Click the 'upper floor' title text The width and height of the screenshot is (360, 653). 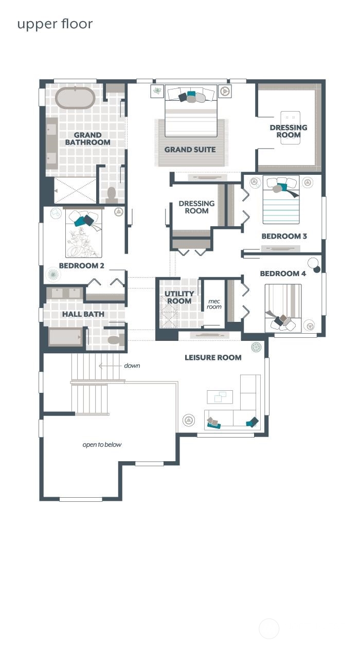click(55, 24)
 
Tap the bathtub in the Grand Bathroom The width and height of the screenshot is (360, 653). click(75, 98)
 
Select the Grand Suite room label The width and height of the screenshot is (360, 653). click(190, 150)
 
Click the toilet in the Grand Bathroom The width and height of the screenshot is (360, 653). click(112, 195)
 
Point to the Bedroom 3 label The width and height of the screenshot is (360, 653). click(284, 236)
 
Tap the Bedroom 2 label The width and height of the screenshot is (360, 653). click(82, 266)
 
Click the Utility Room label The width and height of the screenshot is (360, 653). click(179, 297)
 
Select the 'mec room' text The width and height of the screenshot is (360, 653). click(214, 304)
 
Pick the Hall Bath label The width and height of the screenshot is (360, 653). click(83, 314)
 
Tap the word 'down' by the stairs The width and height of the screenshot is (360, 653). click(132, 366)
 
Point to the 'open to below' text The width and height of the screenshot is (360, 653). click(102, 445)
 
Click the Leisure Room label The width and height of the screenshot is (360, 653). click(213, 357)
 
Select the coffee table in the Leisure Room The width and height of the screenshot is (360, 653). click(220, 397)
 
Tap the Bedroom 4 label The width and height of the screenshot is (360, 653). click(283, 274)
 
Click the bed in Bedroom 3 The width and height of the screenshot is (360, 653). click(281, 199)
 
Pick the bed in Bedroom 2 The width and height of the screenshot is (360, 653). click(84, 233)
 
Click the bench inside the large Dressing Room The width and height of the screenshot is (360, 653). click(291, 128)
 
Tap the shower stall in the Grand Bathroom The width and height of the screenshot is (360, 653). click(75, 190)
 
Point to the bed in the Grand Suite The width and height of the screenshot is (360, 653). click(191, 111)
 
